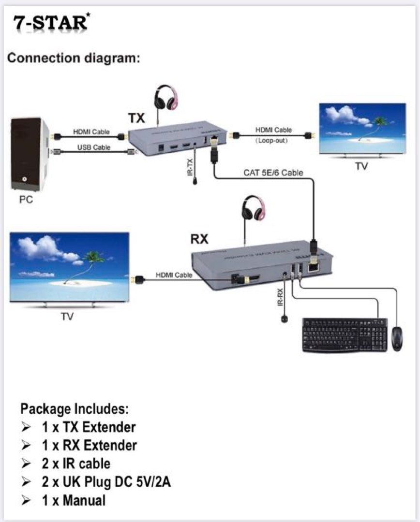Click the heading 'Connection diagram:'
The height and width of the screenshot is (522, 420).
pos(74,58)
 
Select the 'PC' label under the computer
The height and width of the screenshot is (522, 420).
pos(26,200)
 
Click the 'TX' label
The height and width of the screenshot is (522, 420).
pos(136,118)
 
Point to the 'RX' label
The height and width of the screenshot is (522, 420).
pos(199,239)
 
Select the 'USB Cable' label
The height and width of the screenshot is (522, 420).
pos(94,147)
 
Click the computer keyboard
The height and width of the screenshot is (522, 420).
pos(345,334)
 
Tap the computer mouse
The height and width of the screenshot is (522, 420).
pos(397,338)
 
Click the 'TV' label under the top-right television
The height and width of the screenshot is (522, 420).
pos(361,166)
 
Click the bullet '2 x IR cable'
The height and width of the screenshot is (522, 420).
pos(75,464)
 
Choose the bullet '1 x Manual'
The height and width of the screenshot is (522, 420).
pos(73,500)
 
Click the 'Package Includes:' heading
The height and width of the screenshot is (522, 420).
pos(75,409)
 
